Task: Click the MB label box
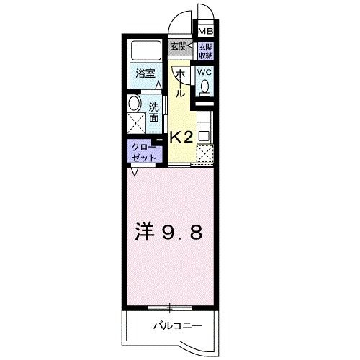206,32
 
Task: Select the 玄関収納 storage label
206,51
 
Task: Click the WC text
204,73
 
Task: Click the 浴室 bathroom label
145,73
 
